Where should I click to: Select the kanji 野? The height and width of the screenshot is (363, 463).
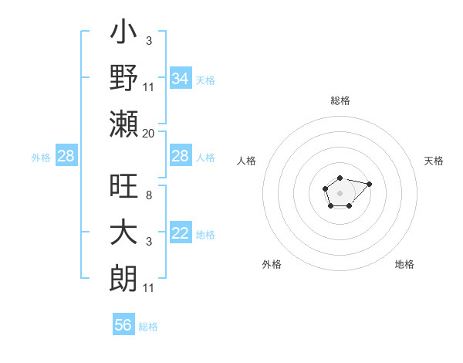coord(124,78)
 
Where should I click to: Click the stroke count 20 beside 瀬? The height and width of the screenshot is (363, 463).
coord(148,134)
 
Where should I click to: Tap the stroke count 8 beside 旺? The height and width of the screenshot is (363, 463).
coord(148,195)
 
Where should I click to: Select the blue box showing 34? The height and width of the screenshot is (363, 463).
coord(180,79)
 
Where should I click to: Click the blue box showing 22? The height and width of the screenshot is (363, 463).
coord(180,233)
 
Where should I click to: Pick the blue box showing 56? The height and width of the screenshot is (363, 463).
coord(123,325)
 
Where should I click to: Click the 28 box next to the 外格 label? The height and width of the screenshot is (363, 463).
coord(66,157)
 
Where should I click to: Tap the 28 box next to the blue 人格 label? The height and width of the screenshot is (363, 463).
coord(180,157)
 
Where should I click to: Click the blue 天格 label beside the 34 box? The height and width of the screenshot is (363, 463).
coord(205,80)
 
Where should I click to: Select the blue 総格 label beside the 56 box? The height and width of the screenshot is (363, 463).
coord(148,327)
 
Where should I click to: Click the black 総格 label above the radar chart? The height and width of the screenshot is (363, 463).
coord(340,100)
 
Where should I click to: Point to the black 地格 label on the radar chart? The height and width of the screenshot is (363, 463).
coord(404,264)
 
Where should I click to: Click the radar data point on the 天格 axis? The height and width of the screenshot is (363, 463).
coord(369,184)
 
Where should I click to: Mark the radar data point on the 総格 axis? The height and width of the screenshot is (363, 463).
coord(340,178)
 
